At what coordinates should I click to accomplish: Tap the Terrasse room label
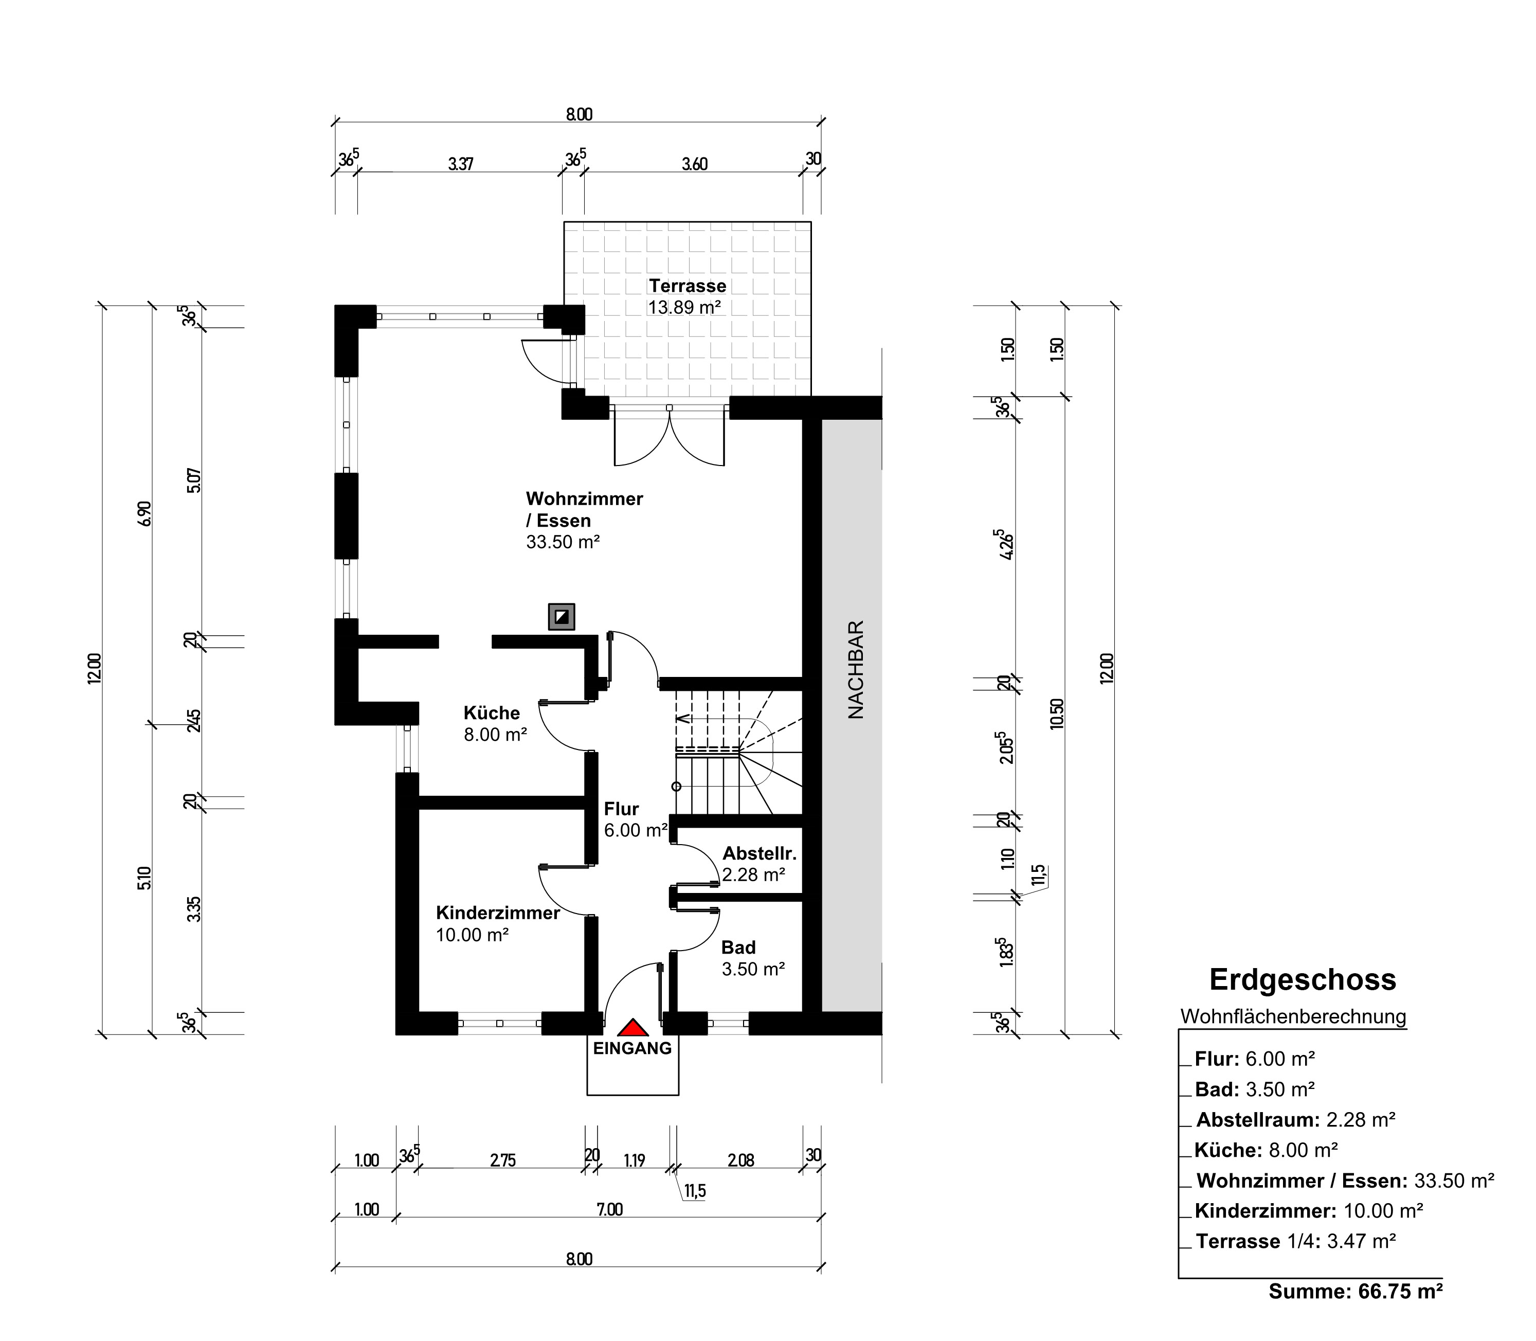[x=688, y=286]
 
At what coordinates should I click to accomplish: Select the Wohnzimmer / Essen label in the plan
[x=584, y=510]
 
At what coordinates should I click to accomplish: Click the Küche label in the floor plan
[x=492, y=712]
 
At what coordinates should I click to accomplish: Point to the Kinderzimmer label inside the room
[x=498, y=913]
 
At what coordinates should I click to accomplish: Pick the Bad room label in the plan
[x=738, y=947]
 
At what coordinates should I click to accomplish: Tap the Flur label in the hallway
[x=621, y=809]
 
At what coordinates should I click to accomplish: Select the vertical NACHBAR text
[x=856, y=670]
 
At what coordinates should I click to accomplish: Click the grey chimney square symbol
[x=561, y=617]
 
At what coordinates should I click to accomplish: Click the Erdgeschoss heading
[x=1303, y=979]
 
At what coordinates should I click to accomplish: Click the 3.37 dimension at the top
[x=461, y=164]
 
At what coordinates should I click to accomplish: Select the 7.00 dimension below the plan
[x=610, y=1209]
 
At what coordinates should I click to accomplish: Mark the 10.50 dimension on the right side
[x=1056, y=713]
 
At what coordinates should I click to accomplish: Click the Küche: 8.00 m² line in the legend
[x=1266, y=1150]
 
